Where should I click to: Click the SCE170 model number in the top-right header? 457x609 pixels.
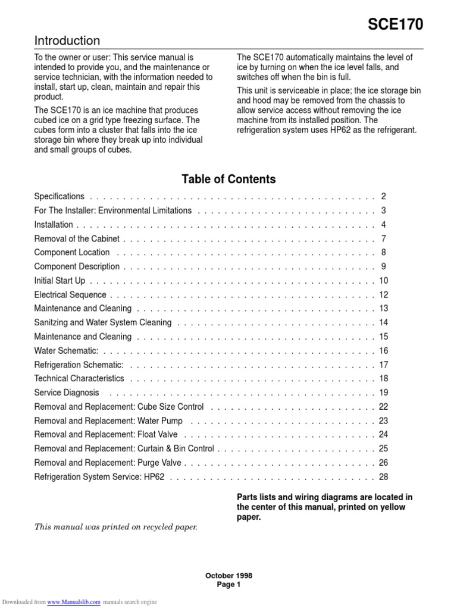395,24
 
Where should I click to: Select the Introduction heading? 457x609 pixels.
67,41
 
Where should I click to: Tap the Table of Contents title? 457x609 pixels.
228,179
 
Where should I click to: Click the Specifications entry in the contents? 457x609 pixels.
60,196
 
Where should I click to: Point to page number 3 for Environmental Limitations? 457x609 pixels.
384,211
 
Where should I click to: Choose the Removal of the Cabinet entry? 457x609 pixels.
77,238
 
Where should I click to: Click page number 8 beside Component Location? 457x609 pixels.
384,252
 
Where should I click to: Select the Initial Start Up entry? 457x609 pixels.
60,280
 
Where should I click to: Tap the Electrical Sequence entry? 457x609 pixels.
70,294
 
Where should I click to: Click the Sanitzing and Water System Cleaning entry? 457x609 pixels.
103,322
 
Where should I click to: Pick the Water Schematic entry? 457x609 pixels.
66,351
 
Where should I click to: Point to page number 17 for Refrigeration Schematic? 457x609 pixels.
383,365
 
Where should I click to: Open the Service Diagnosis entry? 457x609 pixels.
67,393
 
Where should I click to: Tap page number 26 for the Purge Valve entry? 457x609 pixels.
383,462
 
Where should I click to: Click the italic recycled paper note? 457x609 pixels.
115,527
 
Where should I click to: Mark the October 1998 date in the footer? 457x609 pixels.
228,576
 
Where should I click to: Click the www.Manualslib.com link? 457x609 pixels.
74,602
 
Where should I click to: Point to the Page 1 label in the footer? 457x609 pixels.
228,585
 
